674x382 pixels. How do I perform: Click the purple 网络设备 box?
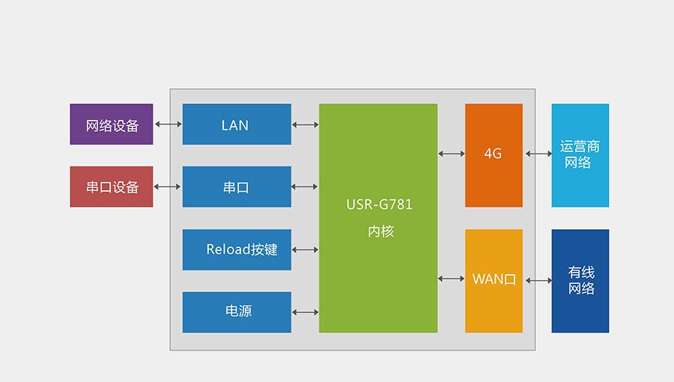[112, 124]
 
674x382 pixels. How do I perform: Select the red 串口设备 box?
[112, 187]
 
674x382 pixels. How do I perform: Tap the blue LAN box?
[237, 124]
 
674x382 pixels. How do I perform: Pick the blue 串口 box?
[237, 187]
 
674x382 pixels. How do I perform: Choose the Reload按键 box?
[237, 249]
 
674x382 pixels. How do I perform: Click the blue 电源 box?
[237, 312]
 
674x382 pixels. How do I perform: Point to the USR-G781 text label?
[379, 204]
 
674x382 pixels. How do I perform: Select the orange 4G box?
[494, 154]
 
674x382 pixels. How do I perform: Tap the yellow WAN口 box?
[494, 280]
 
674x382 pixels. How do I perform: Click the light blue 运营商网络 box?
[580, 154]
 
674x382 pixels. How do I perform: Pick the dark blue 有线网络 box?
[580, 280]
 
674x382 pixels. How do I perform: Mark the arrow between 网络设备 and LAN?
[168, 124]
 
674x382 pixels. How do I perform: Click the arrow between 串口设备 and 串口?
[168, 187]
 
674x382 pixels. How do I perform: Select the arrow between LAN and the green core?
[305, 124]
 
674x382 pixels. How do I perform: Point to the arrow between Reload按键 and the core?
[305, 249]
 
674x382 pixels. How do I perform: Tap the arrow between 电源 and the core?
[305, 312]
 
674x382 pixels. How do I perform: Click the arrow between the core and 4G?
[451, 154]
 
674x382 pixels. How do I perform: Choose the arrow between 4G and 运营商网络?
[538, 154]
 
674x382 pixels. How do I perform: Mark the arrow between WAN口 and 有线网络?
[538, 281]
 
